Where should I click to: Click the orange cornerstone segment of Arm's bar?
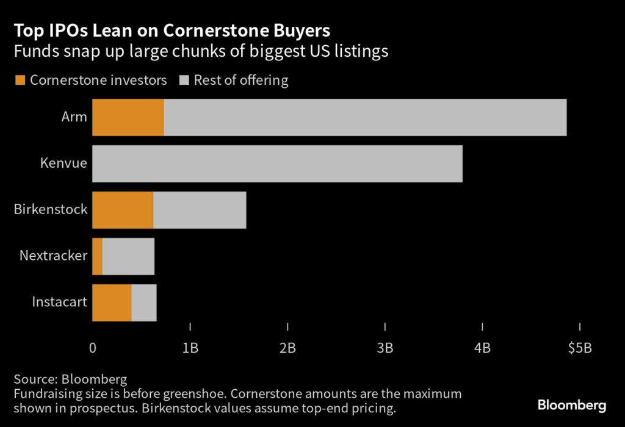128,117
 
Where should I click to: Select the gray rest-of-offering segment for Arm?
365,117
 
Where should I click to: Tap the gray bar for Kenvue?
277,163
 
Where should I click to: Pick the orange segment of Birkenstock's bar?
122,210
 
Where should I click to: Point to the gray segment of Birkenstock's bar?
200,210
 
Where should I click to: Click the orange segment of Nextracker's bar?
97,256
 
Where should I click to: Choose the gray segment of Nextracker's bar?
128,256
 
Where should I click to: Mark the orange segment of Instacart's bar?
112,303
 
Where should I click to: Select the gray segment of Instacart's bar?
144,303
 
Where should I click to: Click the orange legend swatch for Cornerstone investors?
20,80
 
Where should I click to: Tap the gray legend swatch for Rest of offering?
184,80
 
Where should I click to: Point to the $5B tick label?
579,348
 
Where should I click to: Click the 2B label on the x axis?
287,348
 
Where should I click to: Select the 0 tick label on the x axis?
93,348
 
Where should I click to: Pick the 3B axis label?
385,348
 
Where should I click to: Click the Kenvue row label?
63,163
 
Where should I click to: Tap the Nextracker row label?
53,256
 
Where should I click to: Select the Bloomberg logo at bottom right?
571,405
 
